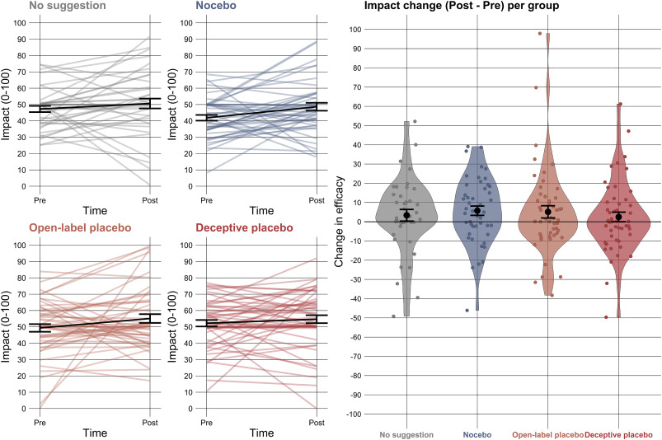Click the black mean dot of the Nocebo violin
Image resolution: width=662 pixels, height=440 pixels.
[x=477, y=211]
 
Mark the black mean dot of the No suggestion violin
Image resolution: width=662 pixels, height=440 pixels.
[x=406, y=215]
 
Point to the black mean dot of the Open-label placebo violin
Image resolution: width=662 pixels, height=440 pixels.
[x=548, y=212]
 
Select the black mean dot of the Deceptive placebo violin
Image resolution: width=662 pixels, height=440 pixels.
[x=619, y=217]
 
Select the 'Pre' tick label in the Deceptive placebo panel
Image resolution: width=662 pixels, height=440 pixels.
[x=207, y=422]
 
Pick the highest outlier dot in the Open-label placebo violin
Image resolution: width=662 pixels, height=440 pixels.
[x=540, y=34]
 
